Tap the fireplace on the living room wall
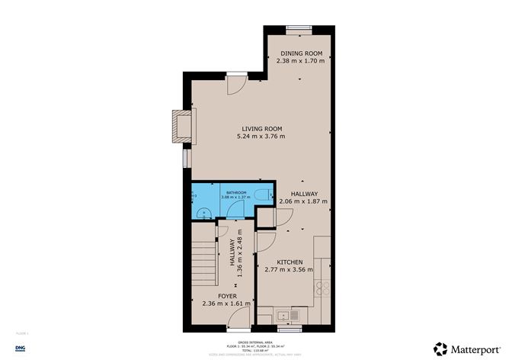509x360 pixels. coord(181,126)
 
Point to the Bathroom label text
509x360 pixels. coord(235,192)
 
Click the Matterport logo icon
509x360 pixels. coord(440,348)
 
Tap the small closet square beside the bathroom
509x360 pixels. coord(265,217)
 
